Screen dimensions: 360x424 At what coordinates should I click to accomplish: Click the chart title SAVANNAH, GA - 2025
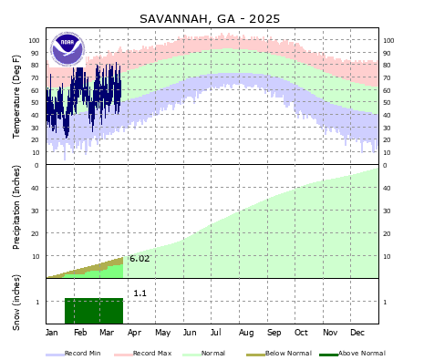210,18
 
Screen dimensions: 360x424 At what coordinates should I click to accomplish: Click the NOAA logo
67,47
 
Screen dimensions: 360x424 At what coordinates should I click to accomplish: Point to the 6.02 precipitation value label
139,259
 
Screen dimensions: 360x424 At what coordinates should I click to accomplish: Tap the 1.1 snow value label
140,293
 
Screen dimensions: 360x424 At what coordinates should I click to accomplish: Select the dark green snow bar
93,310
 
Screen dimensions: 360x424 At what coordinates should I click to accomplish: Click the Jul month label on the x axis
219,333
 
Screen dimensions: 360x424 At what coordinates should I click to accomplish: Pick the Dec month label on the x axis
358,333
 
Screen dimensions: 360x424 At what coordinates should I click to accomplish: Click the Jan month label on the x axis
53,333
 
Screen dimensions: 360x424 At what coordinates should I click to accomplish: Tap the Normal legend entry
212,353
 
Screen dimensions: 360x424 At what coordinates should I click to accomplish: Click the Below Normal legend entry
284,353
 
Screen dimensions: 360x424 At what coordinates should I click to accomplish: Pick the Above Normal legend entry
361,353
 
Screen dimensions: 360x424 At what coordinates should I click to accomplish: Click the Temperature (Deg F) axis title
17,97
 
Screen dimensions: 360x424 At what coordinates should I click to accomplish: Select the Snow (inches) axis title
17,301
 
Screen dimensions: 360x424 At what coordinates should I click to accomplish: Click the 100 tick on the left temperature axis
35,40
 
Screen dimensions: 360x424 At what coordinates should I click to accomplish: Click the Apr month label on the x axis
135,333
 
